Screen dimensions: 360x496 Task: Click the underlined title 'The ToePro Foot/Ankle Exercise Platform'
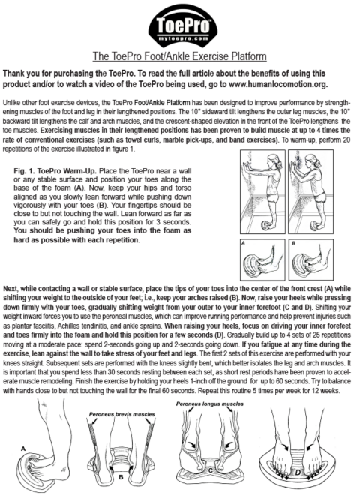(180, 56)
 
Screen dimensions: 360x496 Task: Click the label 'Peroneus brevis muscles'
(125, 413)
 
